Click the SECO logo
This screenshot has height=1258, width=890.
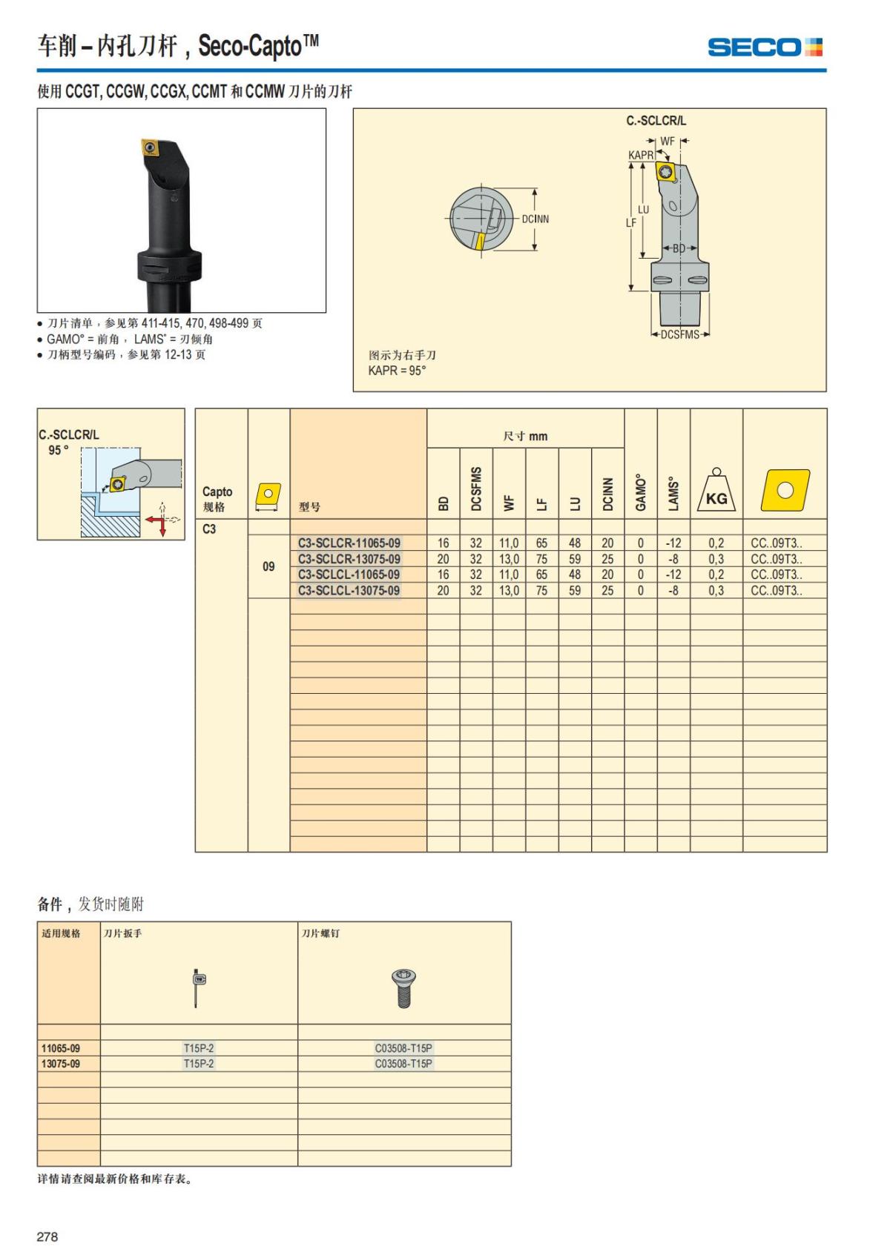click(x=765, y=47)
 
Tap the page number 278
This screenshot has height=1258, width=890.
click(x=47, y=1236)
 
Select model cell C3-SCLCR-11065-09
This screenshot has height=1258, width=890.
click(x=349, y=543)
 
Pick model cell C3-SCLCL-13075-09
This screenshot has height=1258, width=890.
click(x=349, y=590)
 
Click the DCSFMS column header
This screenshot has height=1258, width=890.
click(x=476, y=489)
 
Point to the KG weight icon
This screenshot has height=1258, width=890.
click(x=716, y=490)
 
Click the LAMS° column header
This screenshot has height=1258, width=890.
click(x=673, y=494)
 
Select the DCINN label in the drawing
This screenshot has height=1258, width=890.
click(x=535, y=219)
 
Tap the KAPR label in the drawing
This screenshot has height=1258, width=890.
click(x=641, y=155)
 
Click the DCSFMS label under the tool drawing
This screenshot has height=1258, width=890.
click(x=680, y=335)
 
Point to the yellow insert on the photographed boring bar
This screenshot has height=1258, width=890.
click(x=150, y=147)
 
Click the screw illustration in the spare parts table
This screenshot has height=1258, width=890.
click(x=403, y=988)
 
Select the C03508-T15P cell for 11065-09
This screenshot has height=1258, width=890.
click(x=403, y=1048)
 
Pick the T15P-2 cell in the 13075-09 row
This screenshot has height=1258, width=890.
click(x=198, y=1064)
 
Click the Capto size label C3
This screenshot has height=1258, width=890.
click(x=209, y=529)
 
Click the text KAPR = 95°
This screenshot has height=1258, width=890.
click(x=397, y=371)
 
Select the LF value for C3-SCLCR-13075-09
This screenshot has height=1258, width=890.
click(x=541, y=559)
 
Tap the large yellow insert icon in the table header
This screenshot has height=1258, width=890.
click(x=785, y=490)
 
